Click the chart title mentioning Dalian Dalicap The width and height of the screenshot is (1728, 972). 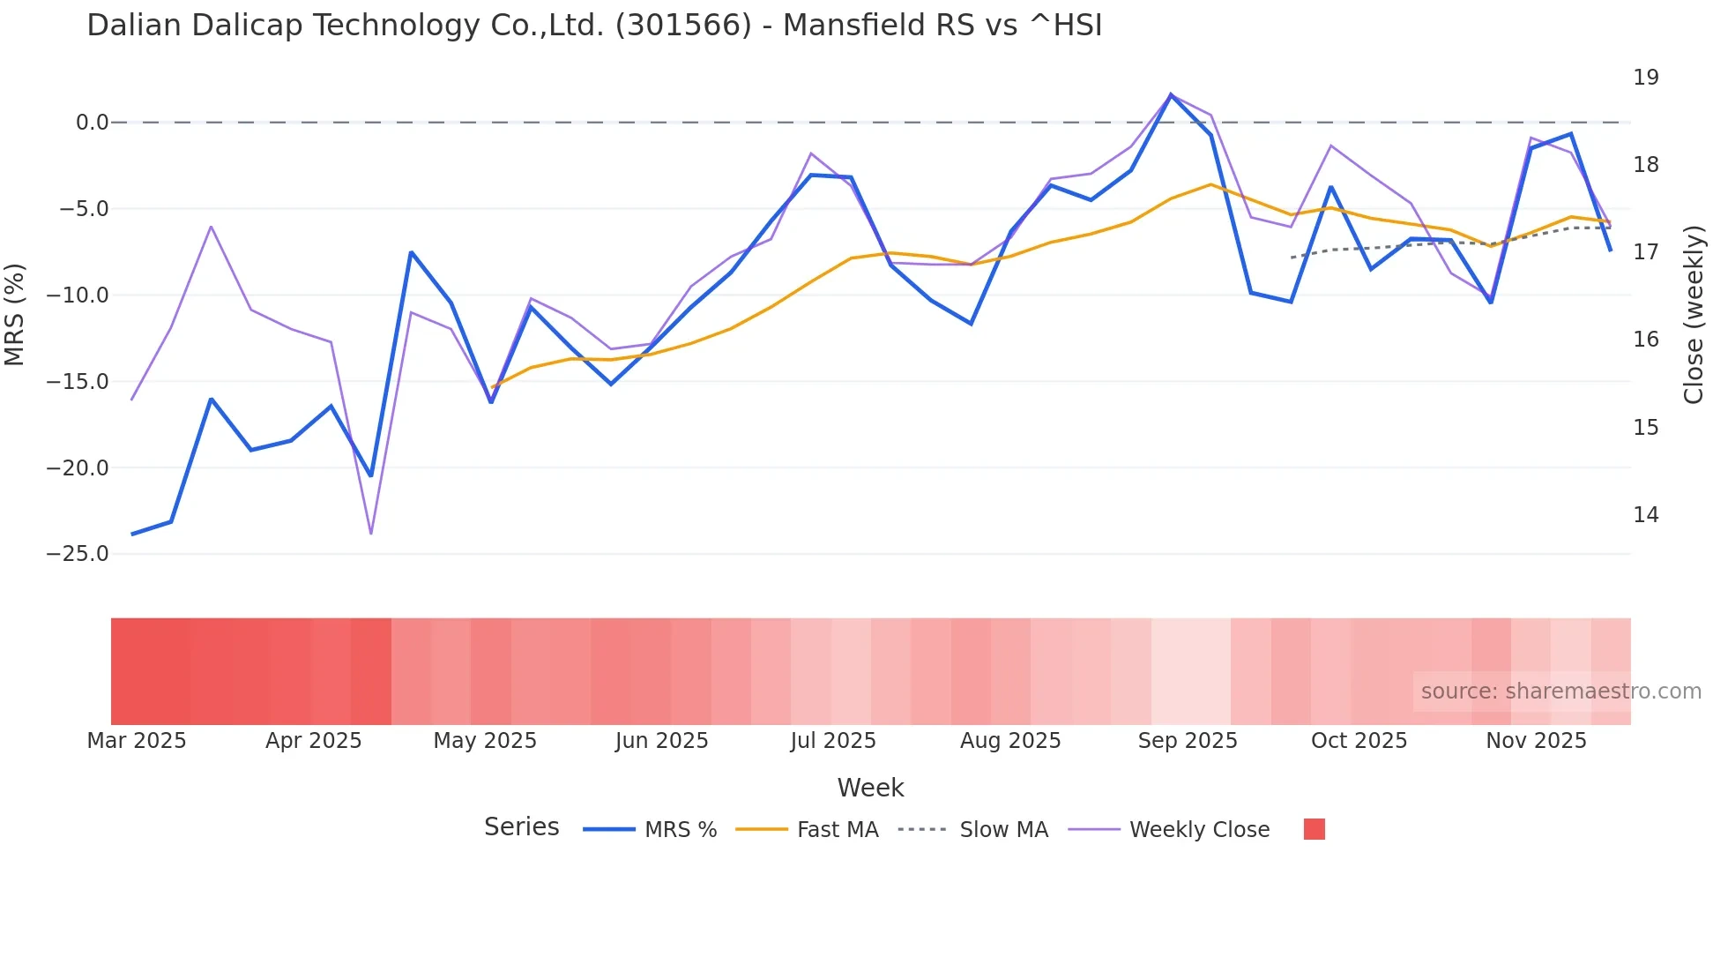click(x=594, y=26)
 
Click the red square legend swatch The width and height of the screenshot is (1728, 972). click(x=1314, y=829)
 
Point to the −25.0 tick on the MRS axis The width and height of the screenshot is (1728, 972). click(x=78, y=554)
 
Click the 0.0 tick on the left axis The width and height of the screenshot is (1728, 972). click(x=92, y=123)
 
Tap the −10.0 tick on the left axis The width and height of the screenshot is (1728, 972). click(x=78, y=295)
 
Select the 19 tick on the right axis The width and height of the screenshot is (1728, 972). click(x=1645, y=78)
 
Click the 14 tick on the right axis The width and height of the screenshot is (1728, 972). click(x=1645, y=515)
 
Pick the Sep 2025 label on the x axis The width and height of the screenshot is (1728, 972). click(x=1187, y=741)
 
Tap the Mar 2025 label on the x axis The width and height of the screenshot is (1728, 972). click(x=137, y=741)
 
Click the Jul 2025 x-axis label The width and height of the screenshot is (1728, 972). click(x=832, y=741)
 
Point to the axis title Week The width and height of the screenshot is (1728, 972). click(x=870, y=788)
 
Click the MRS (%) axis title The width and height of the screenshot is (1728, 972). click(x=14, y=314)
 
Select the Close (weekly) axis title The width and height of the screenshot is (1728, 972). click(x=1694, y=315)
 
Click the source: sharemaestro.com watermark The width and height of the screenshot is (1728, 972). click(x=1560, y=692)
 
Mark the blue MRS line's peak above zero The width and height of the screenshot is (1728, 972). click(x=1171, y=94)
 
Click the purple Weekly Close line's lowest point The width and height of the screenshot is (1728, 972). click(x=370, y=534)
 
